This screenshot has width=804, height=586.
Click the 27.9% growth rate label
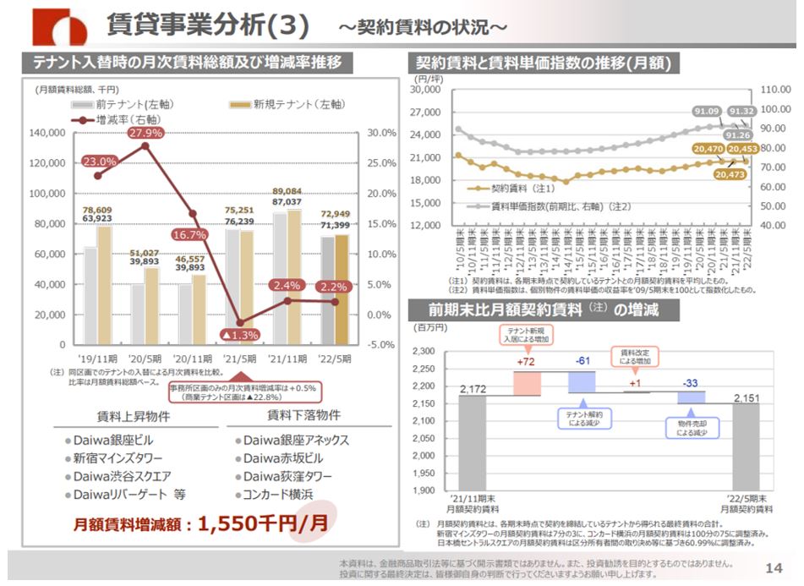(145, 133)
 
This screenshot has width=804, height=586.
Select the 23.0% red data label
(99, 162)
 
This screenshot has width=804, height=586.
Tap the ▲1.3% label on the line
(240, 335)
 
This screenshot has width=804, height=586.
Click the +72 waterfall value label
(526, 362)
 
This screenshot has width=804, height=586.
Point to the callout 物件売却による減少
(689, 427)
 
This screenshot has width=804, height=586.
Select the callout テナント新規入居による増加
(526, 334)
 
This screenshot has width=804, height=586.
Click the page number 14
(772, 567)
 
